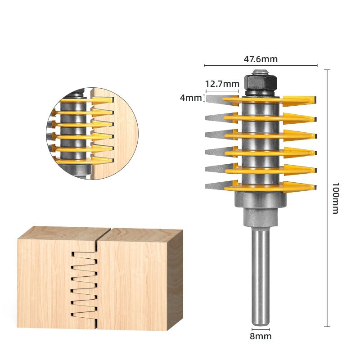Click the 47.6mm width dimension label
click(x=261, y=59)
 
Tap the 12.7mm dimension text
click(x=222, y=84)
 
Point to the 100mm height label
click(x=335, y=198)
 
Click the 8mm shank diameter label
click(x=261, y=336)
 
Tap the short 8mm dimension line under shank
click(x=261, y=329)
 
